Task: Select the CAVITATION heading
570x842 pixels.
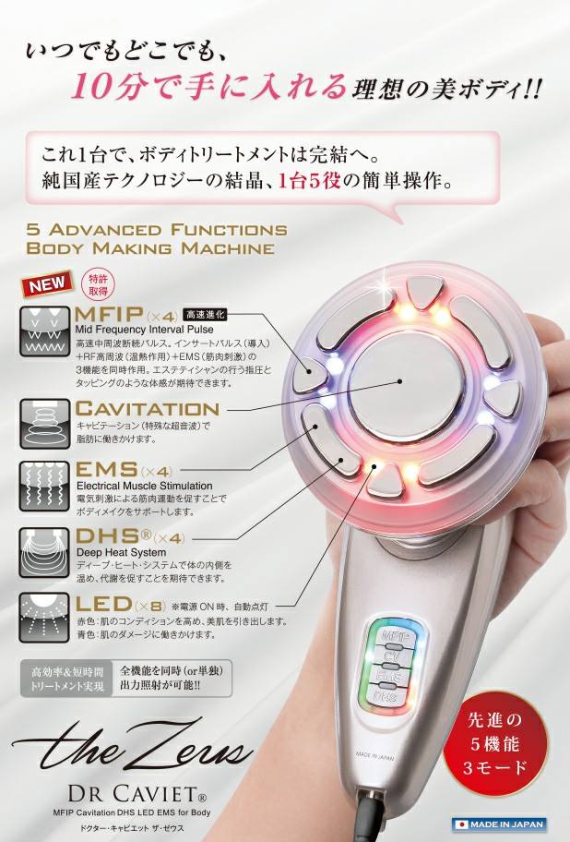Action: [148, 408]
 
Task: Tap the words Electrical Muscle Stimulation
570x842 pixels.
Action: [144, 486]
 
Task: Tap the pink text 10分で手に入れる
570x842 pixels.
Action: [208, 88]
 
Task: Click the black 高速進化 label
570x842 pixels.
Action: [209, 315]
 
